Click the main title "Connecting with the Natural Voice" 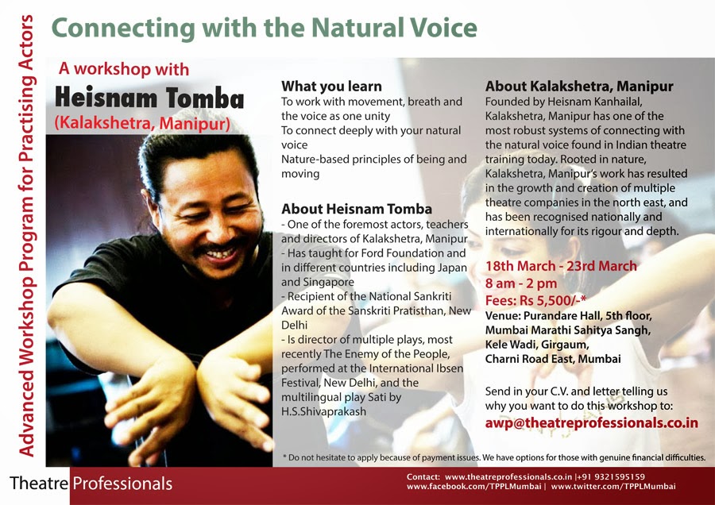tap(264, 28)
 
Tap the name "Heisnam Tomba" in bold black tap(149, 97)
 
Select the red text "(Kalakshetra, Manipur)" tap(142, 124)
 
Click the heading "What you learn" tap(331, 86)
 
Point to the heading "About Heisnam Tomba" tap(357, 209)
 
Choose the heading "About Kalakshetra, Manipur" tap(579, 86)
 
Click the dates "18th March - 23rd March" tap(561, 266)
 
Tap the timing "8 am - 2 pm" tap(521, 283)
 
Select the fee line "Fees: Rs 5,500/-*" tap(535, 300)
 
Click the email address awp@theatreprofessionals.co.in tap(591, 422)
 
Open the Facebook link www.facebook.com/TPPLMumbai tap(473, 487)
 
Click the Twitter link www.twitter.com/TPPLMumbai tap(613, 487)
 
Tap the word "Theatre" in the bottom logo tap(39, 483)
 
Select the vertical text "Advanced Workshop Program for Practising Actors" tap(26, 236)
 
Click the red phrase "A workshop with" tap(124, 69)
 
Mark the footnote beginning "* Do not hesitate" tap(494, 457)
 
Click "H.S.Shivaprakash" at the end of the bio tap(324, 411)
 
